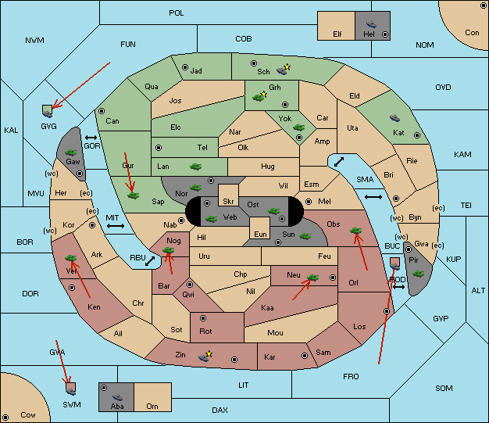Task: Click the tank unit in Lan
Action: (195, 167)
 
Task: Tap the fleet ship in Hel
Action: (371, 24)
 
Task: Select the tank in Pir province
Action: (418, 274)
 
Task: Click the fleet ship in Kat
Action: (394, 118)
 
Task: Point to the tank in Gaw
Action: (71, 152)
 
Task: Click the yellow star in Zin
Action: (209, 353)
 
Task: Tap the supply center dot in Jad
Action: (185, 67)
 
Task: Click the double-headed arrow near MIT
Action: (116, 226)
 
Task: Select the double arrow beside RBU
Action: (150, 261)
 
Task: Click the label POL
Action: (177, 13)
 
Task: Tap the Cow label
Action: (28, 415)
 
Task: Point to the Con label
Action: (472, 33)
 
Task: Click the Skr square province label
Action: (228, 202)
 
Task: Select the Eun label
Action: (260, 235)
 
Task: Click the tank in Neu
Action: (312, 278)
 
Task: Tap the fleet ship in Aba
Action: (117, 397)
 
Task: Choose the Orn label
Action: (152, 406)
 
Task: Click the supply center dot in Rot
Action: (203, 318)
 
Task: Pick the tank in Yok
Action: (298, 127)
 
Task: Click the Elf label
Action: (337, 34)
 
